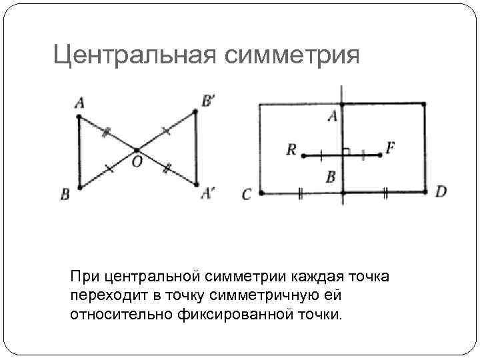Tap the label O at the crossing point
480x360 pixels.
[137, 162]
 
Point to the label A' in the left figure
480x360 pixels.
[207, 193]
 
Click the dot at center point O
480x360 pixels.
[137, 151]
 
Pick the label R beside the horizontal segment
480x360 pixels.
[291, 149]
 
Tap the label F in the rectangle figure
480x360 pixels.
[389, 147]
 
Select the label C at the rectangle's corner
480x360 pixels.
[247, 194]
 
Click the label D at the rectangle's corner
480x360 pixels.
[441, 192]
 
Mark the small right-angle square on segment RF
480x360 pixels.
[346, 151]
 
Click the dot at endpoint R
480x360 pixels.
[303, 155]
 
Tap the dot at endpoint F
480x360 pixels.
[380, 155]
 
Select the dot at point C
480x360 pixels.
[261, 193]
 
